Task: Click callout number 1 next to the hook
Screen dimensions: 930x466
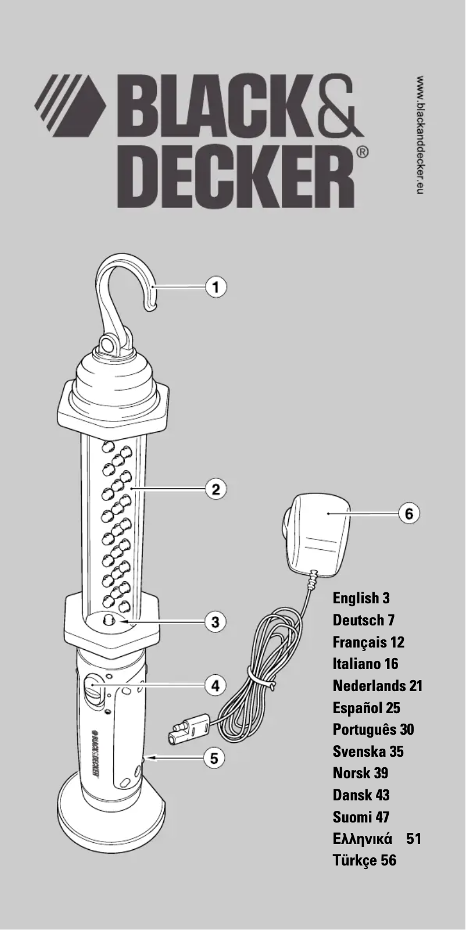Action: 216,287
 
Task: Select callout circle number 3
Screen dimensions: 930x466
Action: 216,621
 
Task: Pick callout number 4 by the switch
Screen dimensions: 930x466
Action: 216,685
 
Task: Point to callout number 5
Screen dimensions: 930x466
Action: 216,758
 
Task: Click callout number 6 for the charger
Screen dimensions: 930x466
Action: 409,514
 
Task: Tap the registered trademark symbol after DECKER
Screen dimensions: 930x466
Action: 361,152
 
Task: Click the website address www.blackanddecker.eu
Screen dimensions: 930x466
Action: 421,134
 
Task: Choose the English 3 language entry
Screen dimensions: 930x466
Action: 361,598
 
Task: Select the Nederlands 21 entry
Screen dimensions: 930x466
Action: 377,686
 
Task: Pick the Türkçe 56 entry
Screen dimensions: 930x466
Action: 364,860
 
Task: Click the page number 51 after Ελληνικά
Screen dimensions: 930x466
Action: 414,839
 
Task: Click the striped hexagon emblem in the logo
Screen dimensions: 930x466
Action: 70,105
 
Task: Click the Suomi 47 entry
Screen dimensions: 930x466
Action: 361,817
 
